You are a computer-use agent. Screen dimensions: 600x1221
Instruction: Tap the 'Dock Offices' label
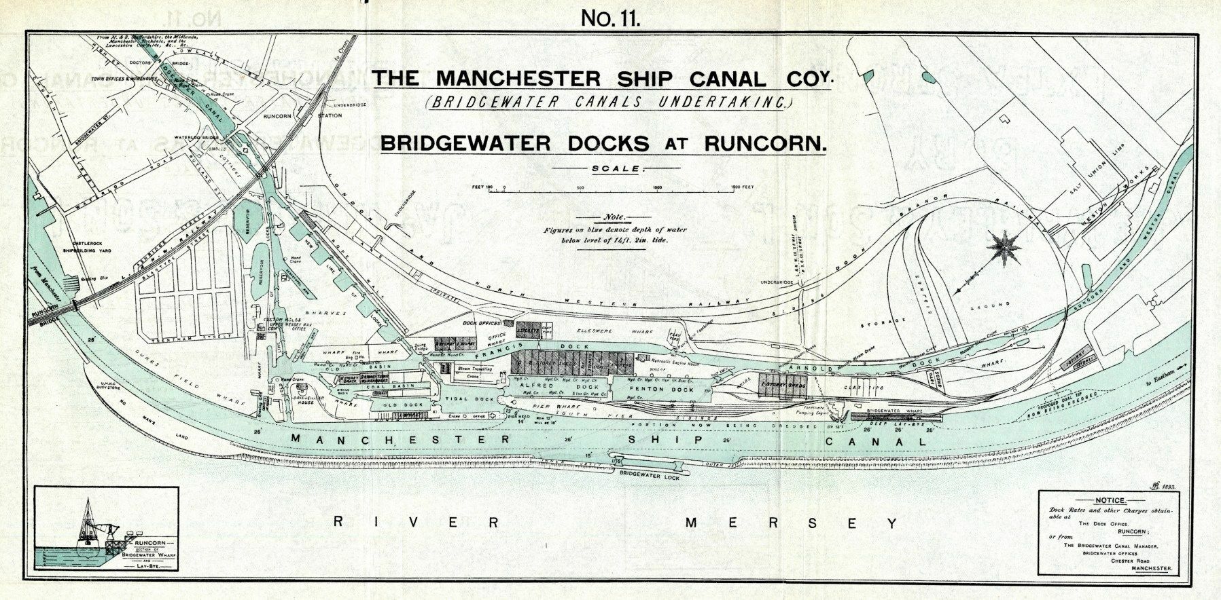click(481, 323)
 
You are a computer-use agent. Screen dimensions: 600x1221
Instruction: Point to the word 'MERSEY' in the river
click(791, 523)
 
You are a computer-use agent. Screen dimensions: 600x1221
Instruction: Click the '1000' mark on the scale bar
click(656, 187)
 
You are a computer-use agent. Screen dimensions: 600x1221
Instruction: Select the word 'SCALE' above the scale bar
click(616, 168)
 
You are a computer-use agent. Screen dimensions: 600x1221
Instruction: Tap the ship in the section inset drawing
click(88, 526)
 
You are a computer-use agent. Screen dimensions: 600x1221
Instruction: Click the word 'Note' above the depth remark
click(614, 217)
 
